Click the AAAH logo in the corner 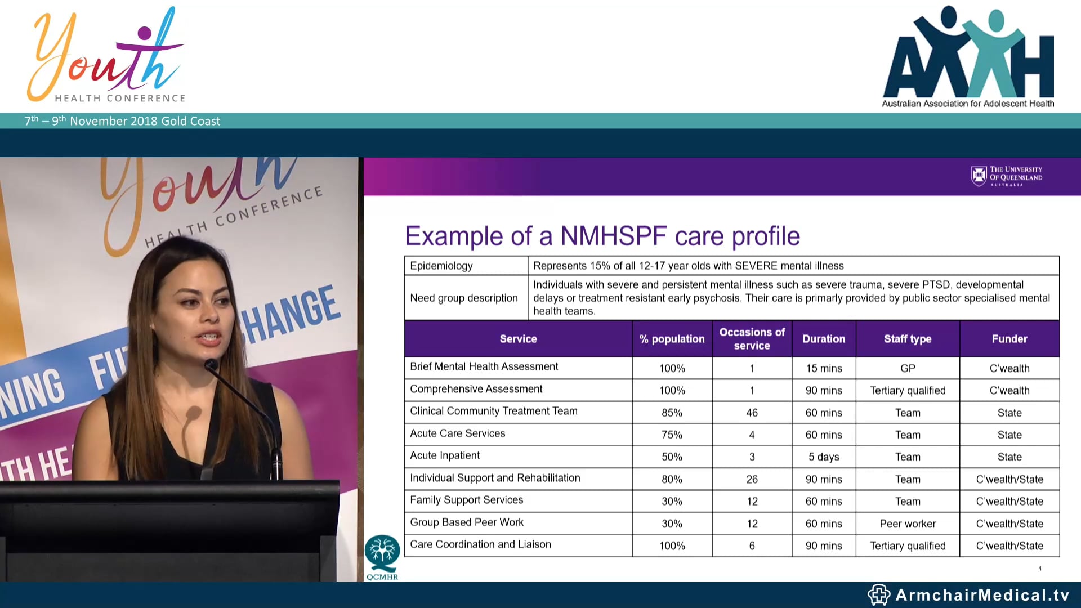(x=968, y=56)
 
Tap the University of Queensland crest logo (x=979, y=176)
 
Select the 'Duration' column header (x=824, y=339)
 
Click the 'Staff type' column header (x=908, y=339)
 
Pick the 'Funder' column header (x=1009, y=339)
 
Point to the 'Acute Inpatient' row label (x=445, y=455)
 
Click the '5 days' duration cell (x=824, y=457)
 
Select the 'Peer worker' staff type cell (x=908, y=524)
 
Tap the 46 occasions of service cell (x=752, y=413)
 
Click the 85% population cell (x=672, y=413)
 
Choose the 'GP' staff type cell (x=908, y=368)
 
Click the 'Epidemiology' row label (x=441, y=266)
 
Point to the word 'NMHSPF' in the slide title (x=614, y=236)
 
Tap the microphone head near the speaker (x=211, y=365)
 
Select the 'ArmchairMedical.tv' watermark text (x=982, y=595)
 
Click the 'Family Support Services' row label (x=466, y=500)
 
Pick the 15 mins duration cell (x=824, y=368)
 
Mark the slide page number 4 (x=1040, y=569)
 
